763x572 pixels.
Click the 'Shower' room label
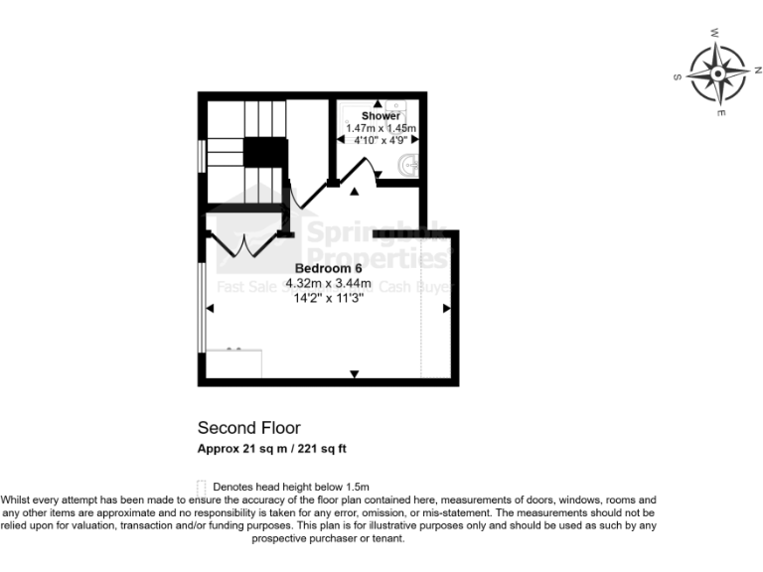pyautogui.click(x=381, y=116)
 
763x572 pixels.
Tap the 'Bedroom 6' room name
pyautogui.click(x=328, y=268)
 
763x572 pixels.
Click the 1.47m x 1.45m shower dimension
pyautogui.click(x=381, y=128)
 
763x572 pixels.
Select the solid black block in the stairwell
pyautogui.click(x=264, y=153)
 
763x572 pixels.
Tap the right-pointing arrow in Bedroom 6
pyautogui.click(x=446, y=309)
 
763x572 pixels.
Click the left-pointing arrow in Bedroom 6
pyautogui.click(x=209, y=309)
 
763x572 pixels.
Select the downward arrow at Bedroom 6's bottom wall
pyautogui.click(x=354, y=373)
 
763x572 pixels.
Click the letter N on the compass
pyautogui.click(x=756, y=70)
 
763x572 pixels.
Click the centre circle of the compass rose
pyautogui.click(x=716, y=73)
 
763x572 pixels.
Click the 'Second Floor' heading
pyautogui.click(x=248, y=428)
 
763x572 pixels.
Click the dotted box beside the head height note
pyautogui.click(x=203, y=487)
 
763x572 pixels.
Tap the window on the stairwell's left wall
pyautogui.click(x=202, y=157)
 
